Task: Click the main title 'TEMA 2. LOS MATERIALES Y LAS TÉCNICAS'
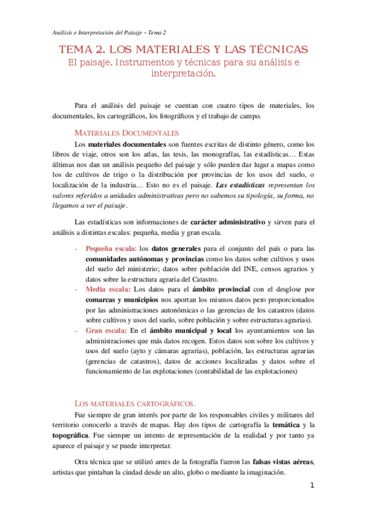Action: pos(183,49)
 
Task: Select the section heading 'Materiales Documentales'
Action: pos(126,133)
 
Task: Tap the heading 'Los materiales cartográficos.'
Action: pos(135,403)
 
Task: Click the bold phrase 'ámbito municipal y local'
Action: pos(183,330)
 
